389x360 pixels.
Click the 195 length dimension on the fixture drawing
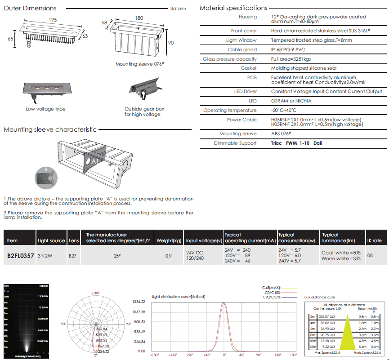tap(53, 19)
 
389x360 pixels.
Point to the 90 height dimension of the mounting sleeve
tap(171, 42)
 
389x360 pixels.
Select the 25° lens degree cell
tap(117, 256)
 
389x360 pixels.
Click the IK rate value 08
tap(370, 255)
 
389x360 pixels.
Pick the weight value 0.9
tap(168, 256)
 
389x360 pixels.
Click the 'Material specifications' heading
tap(233, 8)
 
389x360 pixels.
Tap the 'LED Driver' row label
tap(246, 92)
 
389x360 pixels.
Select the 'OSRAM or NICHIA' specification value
tap(291, 101)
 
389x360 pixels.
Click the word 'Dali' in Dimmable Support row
tap(317, 143)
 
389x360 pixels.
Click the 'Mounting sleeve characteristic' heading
tap(50, 129)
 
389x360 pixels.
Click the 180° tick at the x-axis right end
tap(293, 355)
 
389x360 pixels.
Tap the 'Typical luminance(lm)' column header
tap(336, 238)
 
